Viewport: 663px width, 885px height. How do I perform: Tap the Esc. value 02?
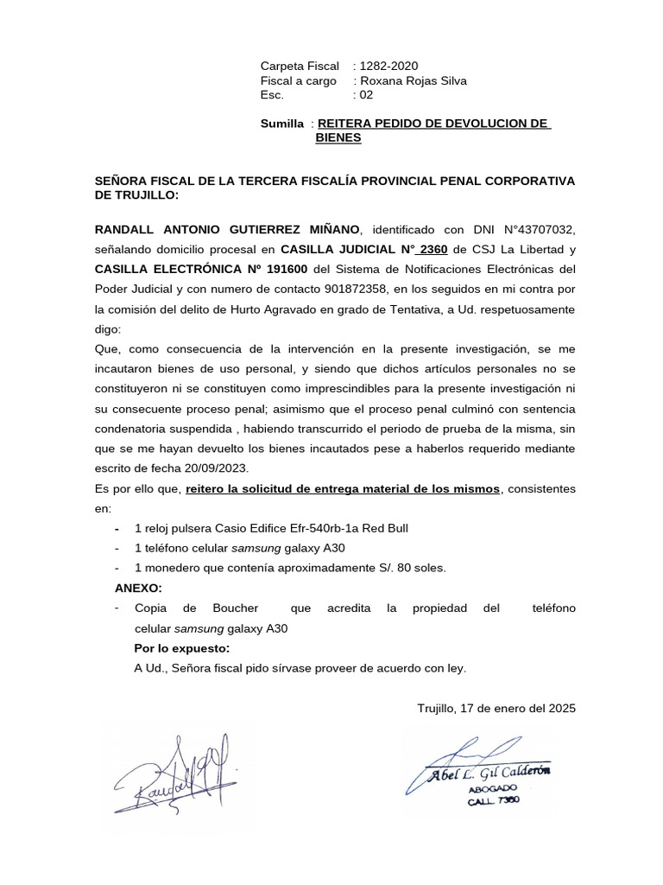pyautogui.click(x=368, y=96)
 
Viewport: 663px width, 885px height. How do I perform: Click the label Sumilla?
pyautogui.click(x=282, y=124)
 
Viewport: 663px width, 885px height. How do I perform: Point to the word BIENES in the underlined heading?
pyautogui.click(x=338, y=137)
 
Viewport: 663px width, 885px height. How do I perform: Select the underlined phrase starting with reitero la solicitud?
pyautogui.click(x=343, y=488)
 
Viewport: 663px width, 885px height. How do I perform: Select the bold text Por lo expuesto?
pyautogui.click(x=182, y=648)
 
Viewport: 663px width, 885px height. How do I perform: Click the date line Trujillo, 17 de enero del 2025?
pyautogui.click(x=496, y=708)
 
